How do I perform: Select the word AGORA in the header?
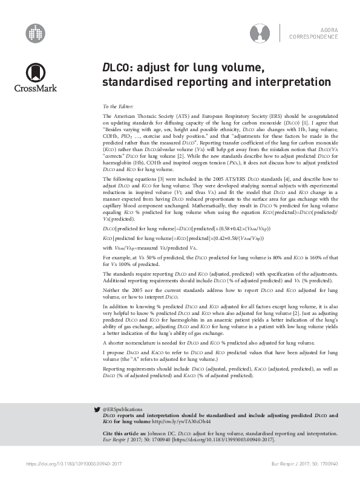pos(329,30)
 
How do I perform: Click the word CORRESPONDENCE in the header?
pos(313,37)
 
